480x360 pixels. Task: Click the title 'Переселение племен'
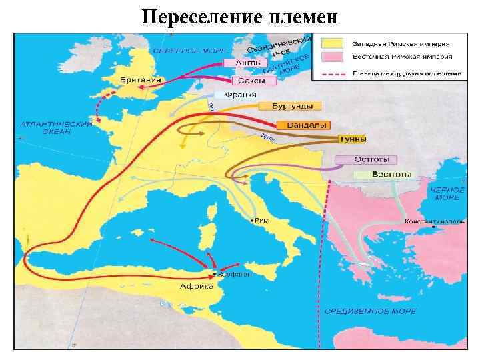239,16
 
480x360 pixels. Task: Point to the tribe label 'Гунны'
353,139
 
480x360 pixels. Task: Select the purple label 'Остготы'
366,160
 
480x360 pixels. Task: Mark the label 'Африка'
197,287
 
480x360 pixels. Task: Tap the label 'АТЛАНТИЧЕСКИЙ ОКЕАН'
56,128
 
